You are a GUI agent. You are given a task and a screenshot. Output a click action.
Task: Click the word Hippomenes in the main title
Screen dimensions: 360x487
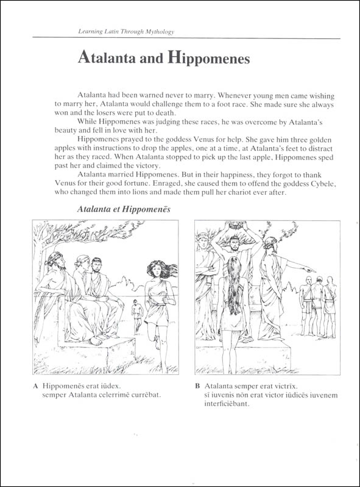pyautogui.click(x=208, y=58)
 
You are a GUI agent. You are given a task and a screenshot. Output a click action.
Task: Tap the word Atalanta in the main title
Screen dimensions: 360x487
pyautogui.click(x=107, y=57)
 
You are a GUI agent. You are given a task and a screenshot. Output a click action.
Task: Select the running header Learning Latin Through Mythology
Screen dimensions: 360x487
pyautogui.click(x=126, y=32)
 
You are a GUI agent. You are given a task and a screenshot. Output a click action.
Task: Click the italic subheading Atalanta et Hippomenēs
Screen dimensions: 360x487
pyautogui.click(x=124, y=209)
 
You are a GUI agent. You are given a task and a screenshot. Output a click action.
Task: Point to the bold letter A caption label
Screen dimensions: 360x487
pyautogui.click(x=35, y=387)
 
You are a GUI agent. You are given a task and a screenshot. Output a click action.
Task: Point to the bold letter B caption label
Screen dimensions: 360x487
pyautogui.click(x=197, y=387)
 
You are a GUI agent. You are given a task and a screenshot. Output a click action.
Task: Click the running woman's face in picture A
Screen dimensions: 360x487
pyautogui.click(x=158, y=272)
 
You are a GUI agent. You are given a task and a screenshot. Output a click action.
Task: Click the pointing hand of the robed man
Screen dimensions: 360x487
pyautogui.click(x=311, y=270)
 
